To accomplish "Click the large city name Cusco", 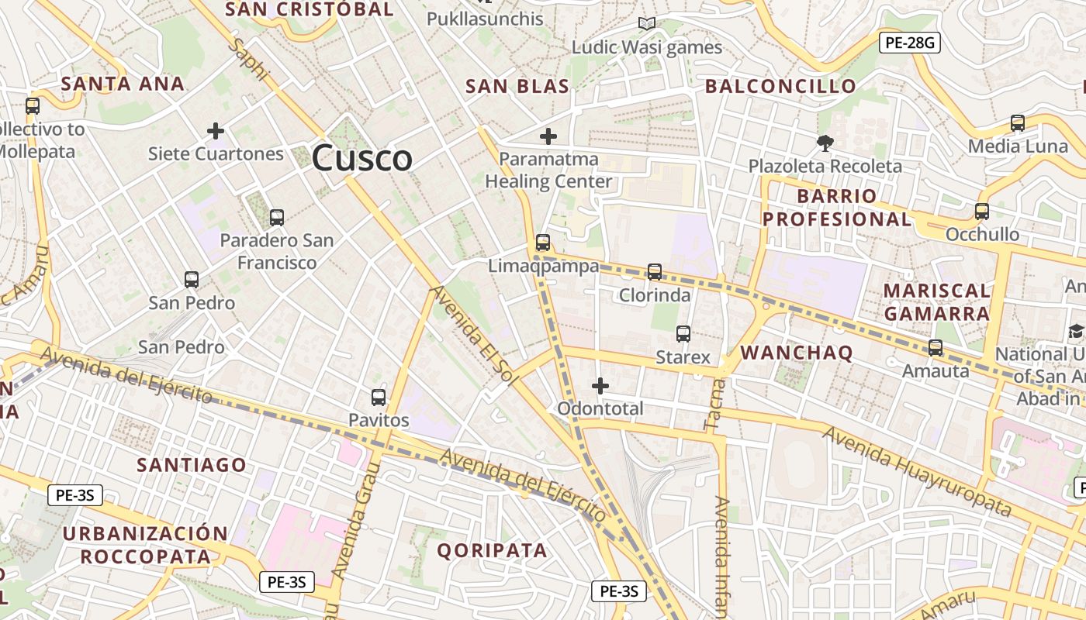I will coord(361,158).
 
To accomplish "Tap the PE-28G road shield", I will coord(909,43).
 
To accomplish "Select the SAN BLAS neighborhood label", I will coord(517,86).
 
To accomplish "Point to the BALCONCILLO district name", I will coord(780,86).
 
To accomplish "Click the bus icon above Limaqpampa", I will coord(543,242).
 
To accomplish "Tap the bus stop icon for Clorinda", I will coord(655,271).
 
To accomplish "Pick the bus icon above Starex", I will coord(683,333).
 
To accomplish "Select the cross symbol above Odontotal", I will coord(600,385).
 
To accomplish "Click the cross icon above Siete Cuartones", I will coord(216,130).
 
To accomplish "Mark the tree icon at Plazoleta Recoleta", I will coord(825,143).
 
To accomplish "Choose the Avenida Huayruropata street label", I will coord(917,471).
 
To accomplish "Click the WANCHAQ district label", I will coord(797,353).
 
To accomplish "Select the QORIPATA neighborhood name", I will coord(492,550).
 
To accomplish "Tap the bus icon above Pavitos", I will coord(379,397).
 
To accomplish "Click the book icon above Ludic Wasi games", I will coord(647,24).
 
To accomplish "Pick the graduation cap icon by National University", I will coord(1075,332).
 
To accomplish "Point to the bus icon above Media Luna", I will coord(1018,122).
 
